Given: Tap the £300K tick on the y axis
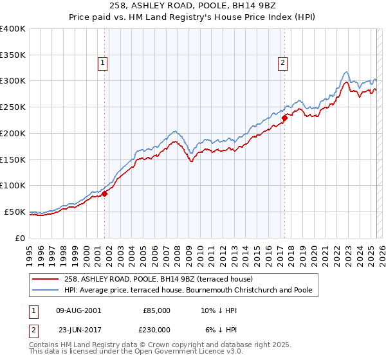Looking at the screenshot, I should (14, 81).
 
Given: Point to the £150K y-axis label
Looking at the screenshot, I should (14, 159).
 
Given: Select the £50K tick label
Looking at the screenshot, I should (15, 212).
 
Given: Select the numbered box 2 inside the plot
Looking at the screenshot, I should (283, 62).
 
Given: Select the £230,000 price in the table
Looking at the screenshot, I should (156, 328).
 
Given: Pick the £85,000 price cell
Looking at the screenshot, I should (156, 310).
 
